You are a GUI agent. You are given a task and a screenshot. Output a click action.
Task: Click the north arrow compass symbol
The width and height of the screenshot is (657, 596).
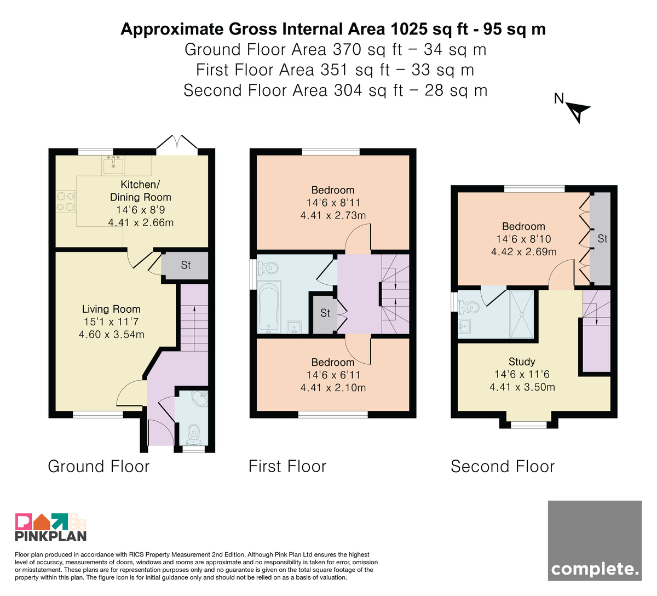pyautogui.click(x=577, y=111)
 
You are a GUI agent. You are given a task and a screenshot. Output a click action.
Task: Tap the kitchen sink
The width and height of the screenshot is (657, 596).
pyautogui.click(x=113, y=165)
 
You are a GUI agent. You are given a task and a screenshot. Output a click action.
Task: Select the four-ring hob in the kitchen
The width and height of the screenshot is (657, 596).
pyautogui.click(x=66, y=202)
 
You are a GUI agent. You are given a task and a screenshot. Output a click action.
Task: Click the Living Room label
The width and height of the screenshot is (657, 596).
pyautogui.click(x=111, y=309)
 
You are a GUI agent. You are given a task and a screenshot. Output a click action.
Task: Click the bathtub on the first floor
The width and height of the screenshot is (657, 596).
pyautogui.click(x=269, y=307)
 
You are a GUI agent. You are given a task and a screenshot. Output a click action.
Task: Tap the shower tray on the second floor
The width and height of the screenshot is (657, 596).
pyautogui.click(x=522, y=314)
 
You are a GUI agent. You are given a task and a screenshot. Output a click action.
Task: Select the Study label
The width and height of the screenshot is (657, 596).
pyautogui.click(x=522, y=362)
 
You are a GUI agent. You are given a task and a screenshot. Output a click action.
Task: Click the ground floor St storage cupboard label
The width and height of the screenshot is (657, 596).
pyautogui.click(x=186, y=265)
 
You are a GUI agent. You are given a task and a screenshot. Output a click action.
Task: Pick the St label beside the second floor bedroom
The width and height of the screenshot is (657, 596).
pyautogui.click(x=602, y=238)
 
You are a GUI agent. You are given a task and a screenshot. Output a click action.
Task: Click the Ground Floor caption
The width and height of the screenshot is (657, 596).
pyautogui.click(x=99, y=466)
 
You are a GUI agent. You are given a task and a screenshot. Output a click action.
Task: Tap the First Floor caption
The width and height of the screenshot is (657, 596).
pyautogui.click(x=287, y=466)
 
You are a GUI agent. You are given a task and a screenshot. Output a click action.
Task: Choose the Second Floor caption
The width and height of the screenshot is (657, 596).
pyautogui.click(x=503, y=466)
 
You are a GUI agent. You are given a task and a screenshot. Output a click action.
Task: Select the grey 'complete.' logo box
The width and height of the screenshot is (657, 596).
pyautogui.click(x=595, y=540)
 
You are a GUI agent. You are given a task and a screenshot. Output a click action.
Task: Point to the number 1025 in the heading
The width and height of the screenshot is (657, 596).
pyautogui.click(x=409, y=29)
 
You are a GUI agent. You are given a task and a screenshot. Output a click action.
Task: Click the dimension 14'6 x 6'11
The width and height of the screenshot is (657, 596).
pyautogui.click(x=333, y=375)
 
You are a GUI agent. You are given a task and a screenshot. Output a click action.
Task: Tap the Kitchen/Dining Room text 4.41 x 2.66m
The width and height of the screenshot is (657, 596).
pyautogui.click(x=141, y=222)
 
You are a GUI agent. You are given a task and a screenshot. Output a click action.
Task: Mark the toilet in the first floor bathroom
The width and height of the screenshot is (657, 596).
pyautogui.click(x=268, y=268)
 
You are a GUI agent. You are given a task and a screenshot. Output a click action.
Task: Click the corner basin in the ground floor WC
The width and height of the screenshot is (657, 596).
pyautogui.click(x=200, y=398)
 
